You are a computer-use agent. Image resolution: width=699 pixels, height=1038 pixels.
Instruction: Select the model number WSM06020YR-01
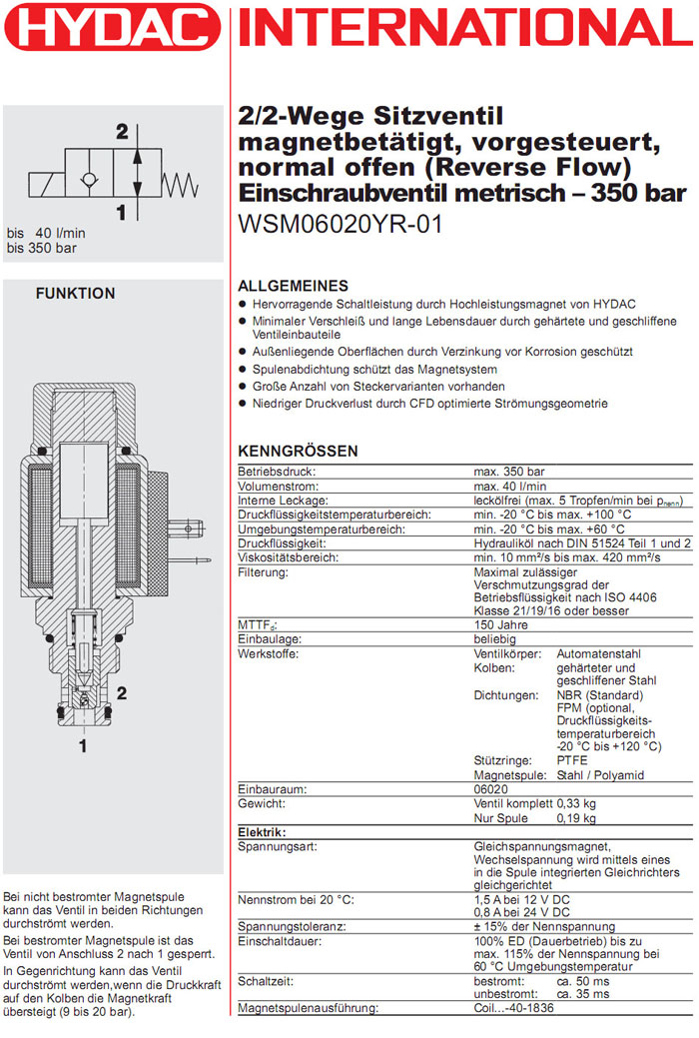(341, 225)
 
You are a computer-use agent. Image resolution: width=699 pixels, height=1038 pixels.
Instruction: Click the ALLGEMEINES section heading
(293, 286)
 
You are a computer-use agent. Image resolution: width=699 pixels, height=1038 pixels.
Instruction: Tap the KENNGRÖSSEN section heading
(298, 452)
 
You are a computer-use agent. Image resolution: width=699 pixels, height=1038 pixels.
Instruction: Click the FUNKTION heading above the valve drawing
(75, 294)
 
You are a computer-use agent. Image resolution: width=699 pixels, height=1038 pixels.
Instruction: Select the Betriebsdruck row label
(277, 471)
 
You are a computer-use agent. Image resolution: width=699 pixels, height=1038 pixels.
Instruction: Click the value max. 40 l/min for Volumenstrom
(508, 486)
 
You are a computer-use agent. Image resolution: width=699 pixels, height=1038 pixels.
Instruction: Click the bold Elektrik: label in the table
(262, 832)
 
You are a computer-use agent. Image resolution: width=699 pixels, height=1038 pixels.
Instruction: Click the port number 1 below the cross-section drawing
(83, 745)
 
